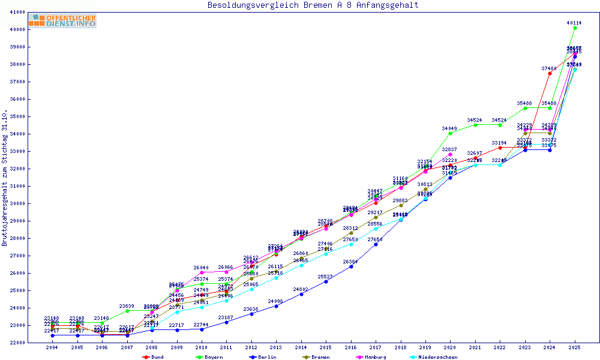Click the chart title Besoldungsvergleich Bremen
(313, 5)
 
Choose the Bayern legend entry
(206, 357)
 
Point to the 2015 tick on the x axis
(326, 347)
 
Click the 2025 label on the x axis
(575, 347)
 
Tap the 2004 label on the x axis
(52, 347)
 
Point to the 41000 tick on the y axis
(33, 12)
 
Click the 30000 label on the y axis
(33, 203)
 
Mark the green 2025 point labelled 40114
(575, 28)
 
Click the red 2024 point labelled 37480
(550, 73)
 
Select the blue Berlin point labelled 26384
(351, 266)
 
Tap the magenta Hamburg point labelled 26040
(202, 272)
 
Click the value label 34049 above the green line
(450, 128)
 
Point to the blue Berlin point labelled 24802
(301, 294)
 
